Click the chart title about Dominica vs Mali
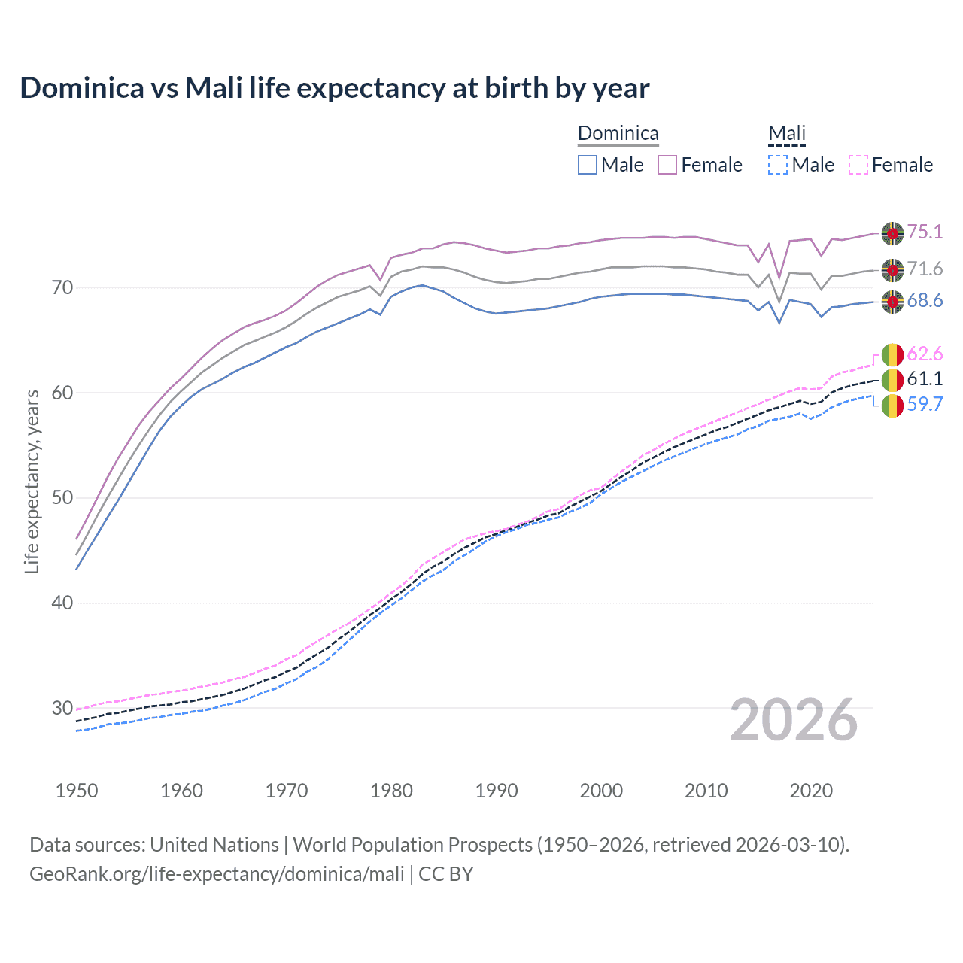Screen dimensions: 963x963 click(x=334, y=88)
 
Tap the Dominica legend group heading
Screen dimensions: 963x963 click(x=618, y=134)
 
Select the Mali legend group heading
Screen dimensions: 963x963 click(x=786, y=134)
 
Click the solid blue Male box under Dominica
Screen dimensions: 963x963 click(x=588, y=165)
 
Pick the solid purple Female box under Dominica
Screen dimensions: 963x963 click(x=667, y=165)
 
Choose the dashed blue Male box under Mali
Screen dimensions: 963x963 click(x=778, y=165)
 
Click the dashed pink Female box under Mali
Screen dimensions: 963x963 click(x=858, y=165)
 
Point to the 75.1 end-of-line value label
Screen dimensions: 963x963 click(x=925, y=232)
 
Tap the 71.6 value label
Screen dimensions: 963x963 click(x=925, y=269)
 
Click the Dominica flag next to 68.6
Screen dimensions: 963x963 click(x=892, y=301)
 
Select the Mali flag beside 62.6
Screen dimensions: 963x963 click(x=892, y=354)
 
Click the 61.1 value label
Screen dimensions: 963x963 click(x=925, y=378)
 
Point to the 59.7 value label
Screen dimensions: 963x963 click(x=925, y=404)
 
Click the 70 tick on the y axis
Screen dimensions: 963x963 click(x=62, y=287)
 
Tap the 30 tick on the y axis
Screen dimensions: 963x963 click(x=62, y=708)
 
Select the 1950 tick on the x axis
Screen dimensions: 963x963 click(x=77, y=791)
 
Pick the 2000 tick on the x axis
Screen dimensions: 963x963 click(x=601, y=791)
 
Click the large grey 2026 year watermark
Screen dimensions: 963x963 click(x=793, y=720)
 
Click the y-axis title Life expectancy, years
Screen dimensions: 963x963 click(x=32, y=481)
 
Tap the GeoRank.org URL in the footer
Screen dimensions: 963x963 click(x=217, y=874)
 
